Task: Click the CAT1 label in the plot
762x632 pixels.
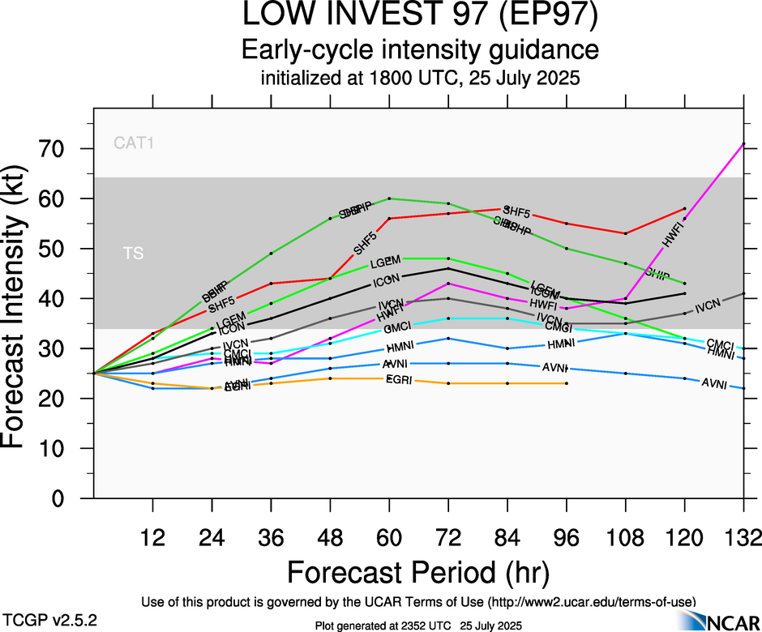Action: click(x=134, y=144)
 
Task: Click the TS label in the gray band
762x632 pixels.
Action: click(x=134, y=254)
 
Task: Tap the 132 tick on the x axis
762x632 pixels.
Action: click(x=743, y=538)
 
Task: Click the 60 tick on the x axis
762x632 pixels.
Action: click(x=389, y=538)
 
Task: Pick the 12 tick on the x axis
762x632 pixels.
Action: click(x=152, y=538)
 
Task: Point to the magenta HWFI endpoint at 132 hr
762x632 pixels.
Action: click(x=743, y=144)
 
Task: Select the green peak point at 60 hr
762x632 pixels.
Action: click(x=389, y=199)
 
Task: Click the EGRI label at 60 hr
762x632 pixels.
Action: click(x=397, y=380)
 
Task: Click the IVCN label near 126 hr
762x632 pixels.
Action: click(x=708, y=305)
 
